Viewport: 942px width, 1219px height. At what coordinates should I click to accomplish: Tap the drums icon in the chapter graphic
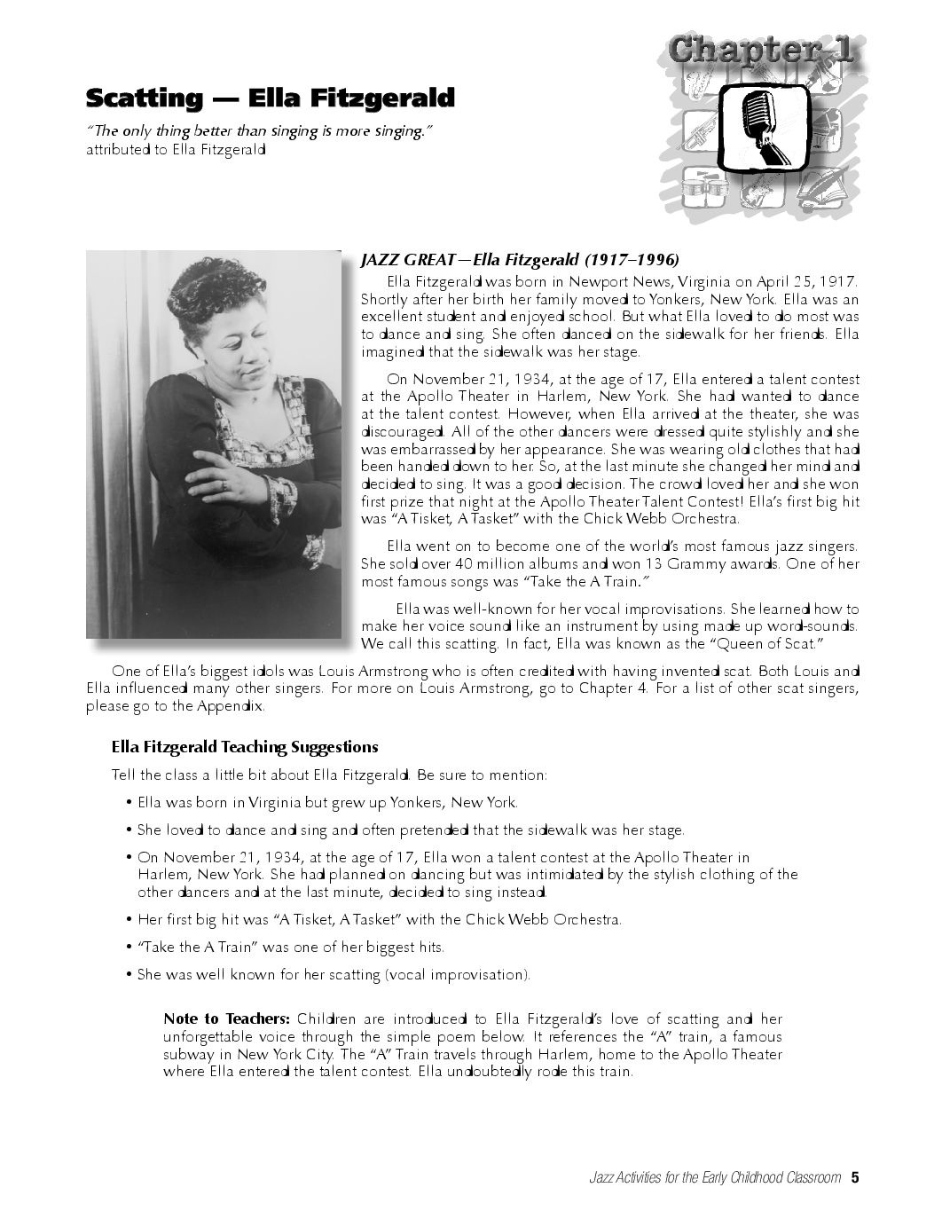tap(703, 189)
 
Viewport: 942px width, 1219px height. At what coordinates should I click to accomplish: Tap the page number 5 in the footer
tap(855, 1178)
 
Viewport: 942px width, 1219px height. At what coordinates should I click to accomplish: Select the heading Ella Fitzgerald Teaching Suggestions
tap(245, 747)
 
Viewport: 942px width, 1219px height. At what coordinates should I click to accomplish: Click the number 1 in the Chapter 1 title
tap(835, 51)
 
